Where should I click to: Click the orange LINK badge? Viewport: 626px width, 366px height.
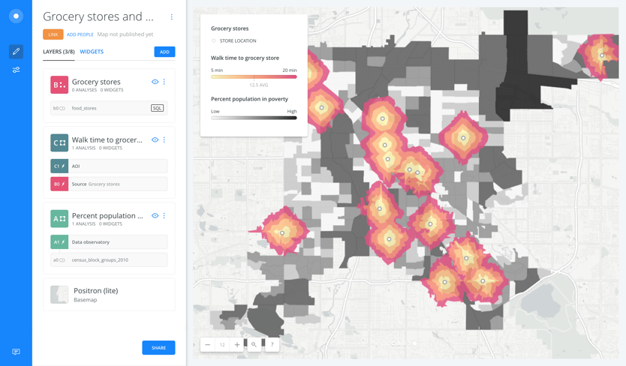click(x=53, y=34)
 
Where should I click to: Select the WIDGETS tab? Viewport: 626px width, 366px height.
click(x=92, y=52)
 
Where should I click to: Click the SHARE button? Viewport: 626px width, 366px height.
click(x=158, y=348)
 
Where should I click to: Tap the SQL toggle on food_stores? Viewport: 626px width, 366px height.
click(x=157, y=108)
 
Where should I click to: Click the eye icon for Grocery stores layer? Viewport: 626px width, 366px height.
click(x=155, y=82)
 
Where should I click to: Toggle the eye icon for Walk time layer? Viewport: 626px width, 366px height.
click(x=155, y=139)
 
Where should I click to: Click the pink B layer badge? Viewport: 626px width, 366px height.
click(x=59, y=85)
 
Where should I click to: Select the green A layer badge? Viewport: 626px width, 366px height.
click(x=59, y=218)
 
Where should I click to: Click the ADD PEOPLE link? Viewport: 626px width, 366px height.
click(x=80, y=34)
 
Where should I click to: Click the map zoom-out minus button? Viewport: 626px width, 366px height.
click(x=208, y=345)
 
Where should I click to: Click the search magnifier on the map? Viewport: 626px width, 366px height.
click(x=254, y=345)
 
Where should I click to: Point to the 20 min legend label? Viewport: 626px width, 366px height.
click(x=289, y=70)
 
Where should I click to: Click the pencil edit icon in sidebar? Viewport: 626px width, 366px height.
click(x=16, y=52)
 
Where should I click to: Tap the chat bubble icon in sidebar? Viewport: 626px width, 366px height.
click(x=16, y=352)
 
